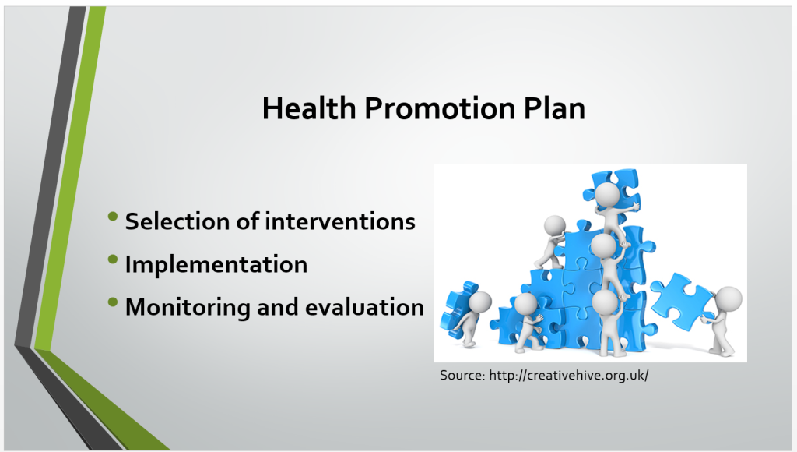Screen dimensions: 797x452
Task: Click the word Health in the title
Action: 309,108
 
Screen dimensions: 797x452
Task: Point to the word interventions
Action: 339,221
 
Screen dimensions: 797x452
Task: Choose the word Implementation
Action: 216,265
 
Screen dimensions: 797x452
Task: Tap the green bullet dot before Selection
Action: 113,217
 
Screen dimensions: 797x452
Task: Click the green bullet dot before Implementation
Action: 113,260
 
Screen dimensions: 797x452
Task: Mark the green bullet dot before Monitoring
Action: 113,302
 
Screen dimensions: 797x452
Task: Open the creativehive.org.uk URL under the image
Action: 569,376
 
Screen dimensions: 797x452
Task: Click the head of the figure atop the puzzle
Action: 607,195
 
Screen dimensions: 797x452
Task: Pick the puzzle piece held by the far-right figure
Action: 682,301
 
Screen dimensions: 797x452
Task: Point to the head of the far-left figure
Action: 479,302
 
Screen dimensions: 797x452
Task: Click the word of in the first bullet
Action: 248,221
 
